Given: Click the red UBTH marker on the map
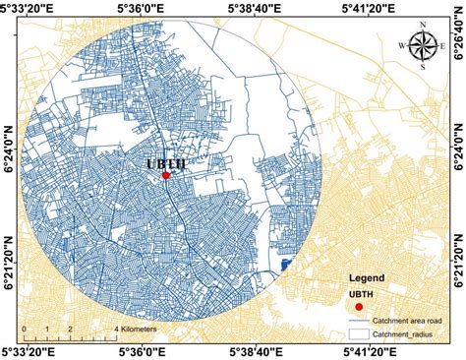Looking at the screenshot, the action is [165, 175].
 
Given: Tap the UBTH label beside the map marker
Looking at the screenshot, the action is [166, 163].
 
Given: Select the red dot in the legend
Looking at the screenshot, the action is [359, 307].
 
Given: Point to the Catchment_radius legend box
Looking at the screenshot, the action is [359, 334].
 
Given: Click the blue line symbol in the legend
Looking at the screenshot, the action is [359, 321].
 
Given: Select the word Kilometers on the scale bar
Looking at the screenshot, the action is [142, 329].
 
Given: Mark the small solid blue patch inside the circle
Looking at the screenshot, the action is [286, 264].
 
